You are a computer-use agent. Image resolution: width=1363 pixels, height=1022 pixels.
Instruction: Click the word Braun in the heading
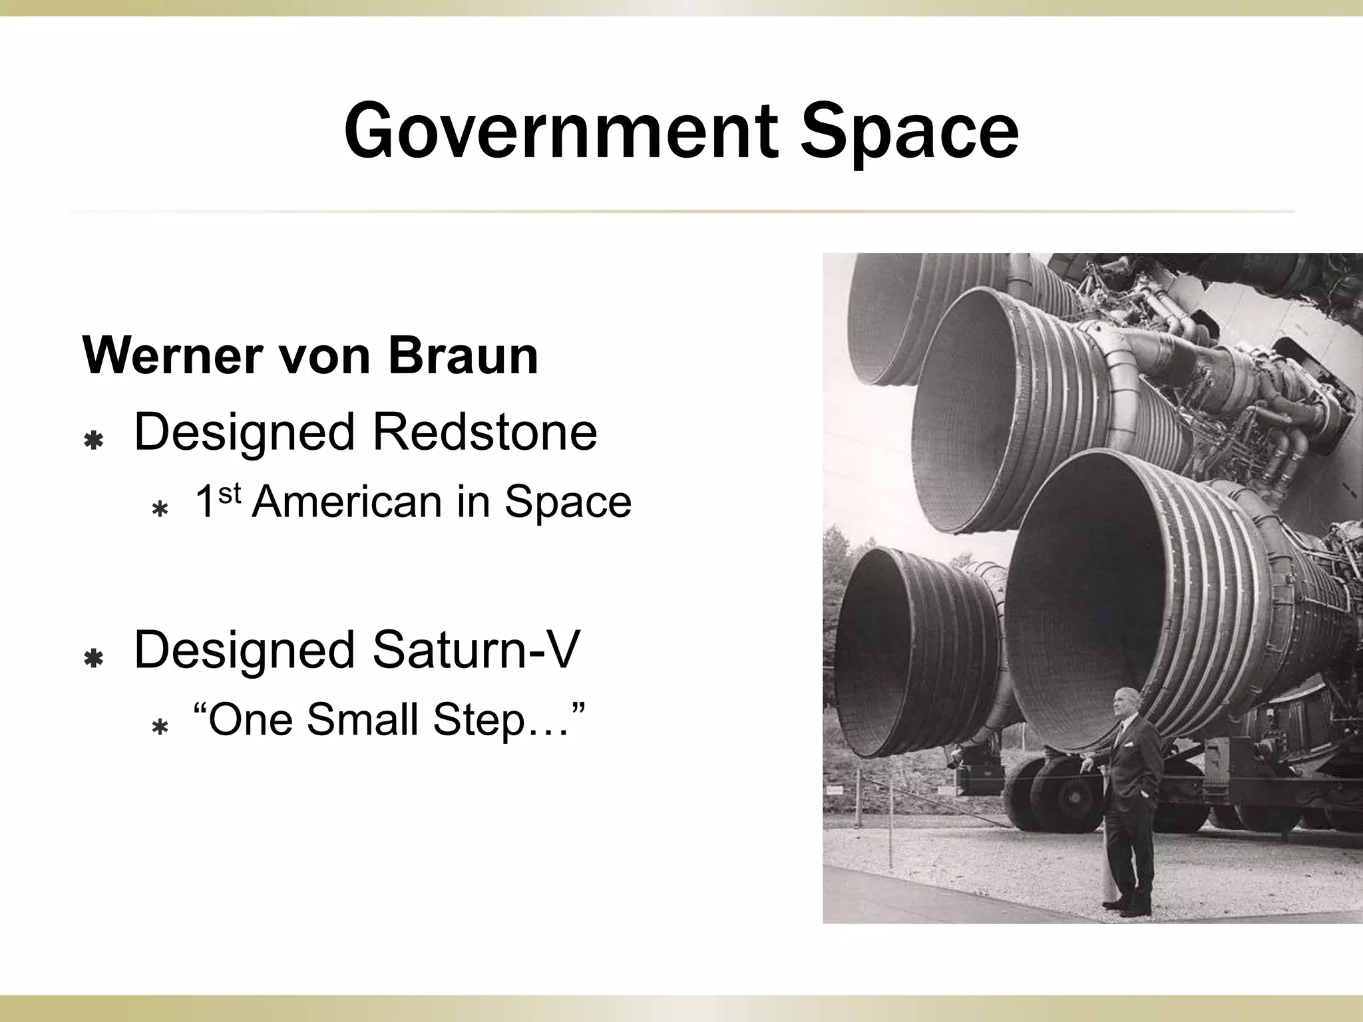click(x=463, y=356)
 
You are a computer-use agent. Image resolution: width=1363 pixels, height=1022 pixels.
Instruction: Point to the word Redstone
click(x=485, y=432)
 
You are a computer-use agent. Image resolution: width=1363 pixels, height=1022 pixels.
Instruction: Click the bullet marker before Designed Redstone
click(x=93, y=440)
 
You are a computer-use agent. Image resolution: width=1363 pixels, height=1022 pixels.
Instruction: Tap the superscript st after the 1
click(x=228, y=493)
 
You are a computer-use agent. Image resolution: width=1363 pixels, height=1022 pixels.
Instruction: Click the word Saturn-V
click(x=476, y=650)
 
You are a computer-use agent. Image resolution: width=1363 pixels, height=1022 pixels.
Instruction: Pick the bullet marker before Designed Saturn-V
click(x=93, y=659)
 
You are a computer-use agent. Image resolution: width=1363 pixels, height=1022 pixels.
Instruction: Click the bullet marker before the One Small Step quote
click(x=160, y=727)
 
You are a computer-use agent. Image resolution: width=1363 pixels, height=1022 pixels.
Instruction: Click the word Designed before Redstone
click(x=245, y=432)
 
